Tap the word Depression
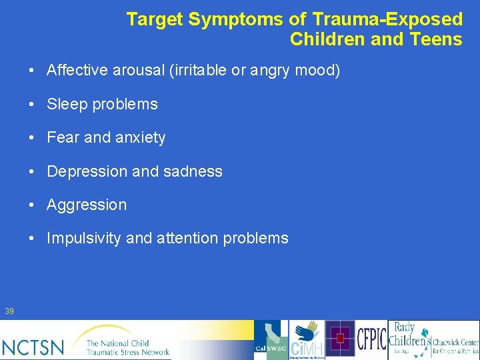click(x=87, y=171)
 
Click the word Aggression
click(x=87, y=205)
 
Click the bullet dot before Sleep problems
click(x=32, y=105)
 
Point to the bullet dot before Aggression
click(x=32, y=205)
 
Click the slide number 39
click(x=9, y=311)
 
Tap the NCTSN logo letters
click(x=34, y=347)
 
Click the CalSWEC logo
click(x=271, y=340)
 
